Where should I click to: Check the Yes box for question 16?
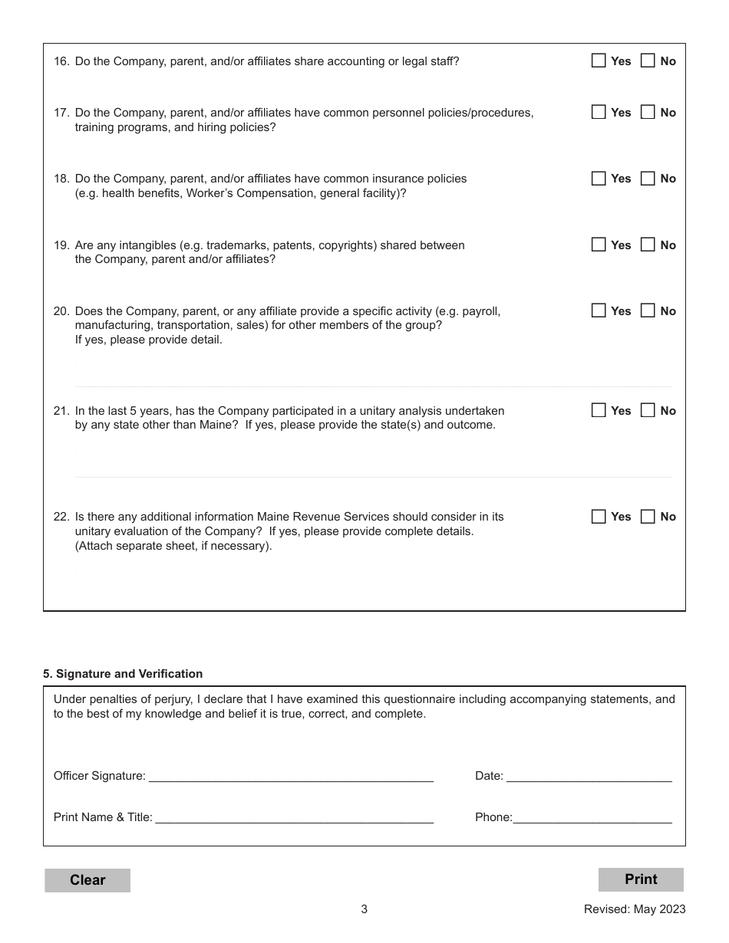point(599,61)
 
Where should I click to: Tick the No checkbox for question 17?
point(648,112)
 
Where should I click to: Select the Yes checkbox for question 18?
point(599,179)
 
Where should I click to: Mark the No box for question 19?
point(648,245)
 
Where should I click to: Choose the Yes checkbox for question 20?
point(599,311)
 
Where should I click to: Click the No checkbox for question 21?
point(648,410)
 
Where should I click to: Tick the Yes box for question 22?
point(599,517)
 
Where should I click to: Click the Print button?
point(641,879)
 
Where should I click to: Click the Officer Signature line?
point(291,775)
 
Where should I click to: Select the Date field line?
point(589,775)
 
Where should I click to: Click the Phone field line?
point(592,816)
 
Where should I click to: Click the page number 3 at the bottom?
point(364,909)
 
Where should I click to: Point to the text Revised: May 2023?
point(635,909)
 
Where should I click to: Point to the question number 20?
point(61,311)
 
